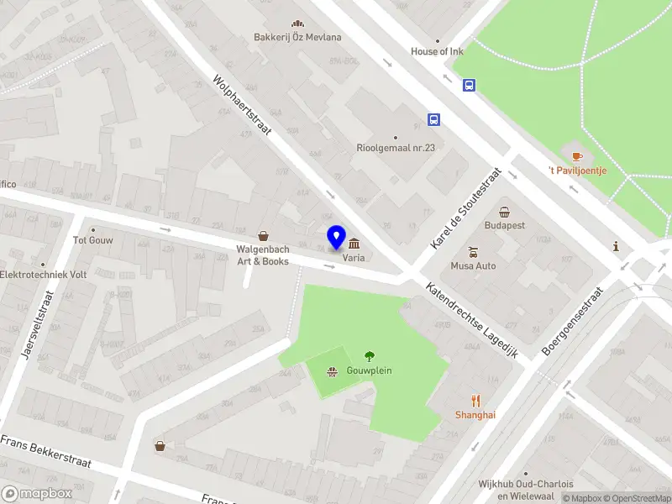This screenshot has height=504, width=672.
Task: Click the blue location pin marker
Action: [337, 237]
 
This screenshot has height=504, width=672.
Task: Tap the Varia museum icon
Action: [354, 241]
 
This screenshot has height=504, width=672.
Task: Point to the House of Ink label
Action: [437, 51]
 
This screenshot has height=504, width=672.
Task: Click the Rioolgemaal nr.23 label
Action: [396, 148]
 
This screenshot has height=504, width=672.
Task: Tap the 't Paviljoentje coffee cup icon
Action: [576, 156]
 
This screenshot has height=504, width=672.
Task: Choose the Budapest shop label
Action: [504, 225]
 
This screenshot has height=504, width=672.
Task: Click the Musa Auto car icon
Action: [474, 251]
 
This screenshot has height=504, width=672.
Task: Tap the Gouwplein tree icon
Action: [369, 356]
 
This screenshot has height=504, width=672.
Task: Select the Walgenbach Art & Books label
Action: [263, 255]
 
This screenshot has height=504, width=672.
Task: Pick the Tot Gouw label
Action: [93, 239]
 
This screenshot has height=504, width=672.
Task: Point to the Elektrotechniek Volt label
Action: [44, 275]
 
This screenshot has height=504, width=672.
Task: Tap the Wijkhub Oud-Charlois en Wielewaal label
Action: [525, 490]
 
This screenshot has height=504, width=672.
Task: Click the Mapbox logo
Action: [37, 493]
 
